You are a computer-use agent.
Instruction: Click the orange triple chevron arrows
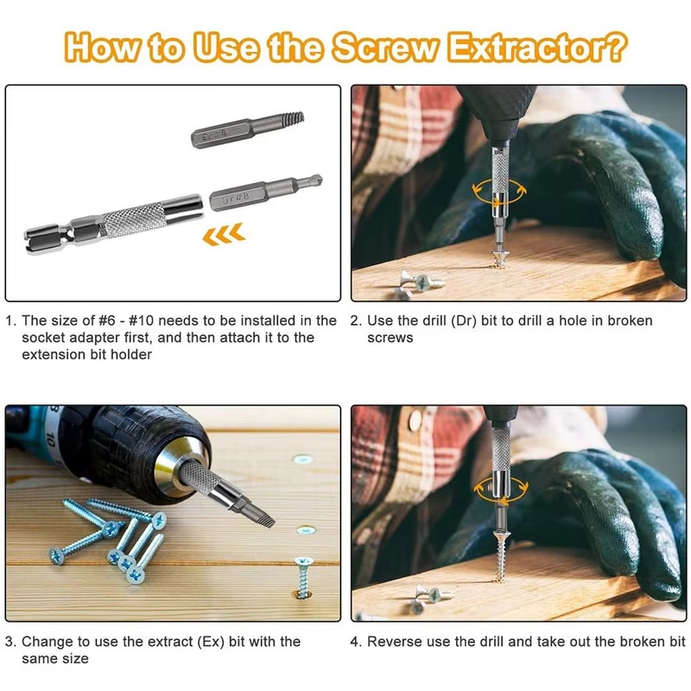[x=223, y=233]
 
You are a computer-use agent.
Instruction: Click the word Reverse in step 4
[x=392, y=642]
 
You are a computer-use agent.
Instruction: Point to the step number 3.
[x=10, y=642]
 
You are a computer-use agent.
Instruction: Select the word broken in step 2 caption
[x=630, y=320]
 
